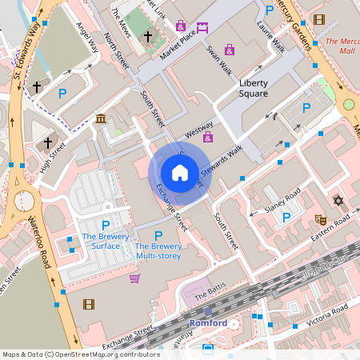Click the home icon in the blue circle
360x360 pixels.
[x=180, y=173]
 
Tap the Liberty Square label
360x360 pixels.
[x=254, y=88]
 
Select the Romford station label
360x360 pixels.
[x=209, y=323]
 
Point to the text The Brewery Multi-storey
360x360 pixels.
[x=158, y=250]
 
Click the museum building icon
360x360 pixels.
[x=100, y=119]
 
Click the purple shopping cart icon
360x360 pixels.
[x=134, y=278]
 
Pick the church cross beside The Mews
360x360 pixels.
[x=147, y=37]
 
